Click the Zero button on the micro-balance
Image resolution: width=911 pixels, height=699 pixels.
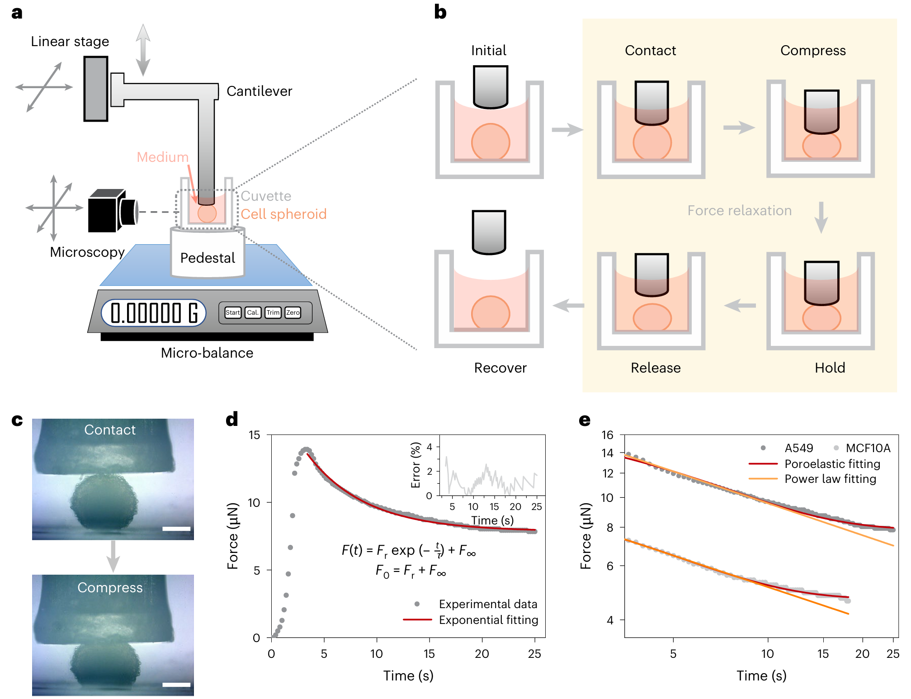tap(293, 312)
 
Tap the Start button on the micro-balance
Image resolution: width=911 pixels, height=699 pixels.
tap(233, 312)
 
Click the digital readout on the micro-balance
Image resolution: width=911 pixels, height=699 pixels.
tap(154, 312)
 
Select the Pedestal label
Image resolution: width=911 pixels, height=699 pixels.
tap(208, 258)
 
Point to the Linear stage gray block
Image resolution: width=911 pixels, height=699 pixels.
tap(95, 89)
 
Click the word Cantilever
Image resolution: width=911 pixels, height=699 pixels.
tap(259, 91)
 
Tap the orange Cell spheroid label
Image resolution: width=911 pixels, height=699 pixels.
tap(283, 214)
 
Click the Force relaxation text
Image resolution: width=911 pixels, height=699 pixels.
tap(739, 211)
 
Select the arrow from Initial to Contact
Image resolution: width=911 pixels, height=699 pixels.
tap(567, 130)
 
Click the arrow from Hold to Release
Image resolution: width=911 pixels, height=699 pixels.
tap(740, 306)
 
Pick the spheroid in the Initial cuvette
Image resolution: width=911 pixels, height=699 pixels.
tap(491, 142)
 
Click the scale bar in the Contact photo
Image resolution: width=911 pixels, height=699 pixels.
tap(176, 529)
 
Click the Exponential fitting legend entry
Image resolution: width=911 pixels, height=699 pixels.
tap(488, 620)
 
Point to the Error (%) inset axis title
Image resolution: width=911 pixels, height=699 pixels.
tap(415, 465)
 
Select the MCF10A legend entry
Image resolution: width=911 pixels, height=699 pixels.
tap(868, 448)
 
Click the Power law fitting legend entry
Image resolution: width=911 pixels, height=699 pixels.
tap(830, 479)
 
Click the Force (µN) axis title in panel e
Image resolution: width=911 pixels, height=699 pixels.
tap(586, 536)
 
